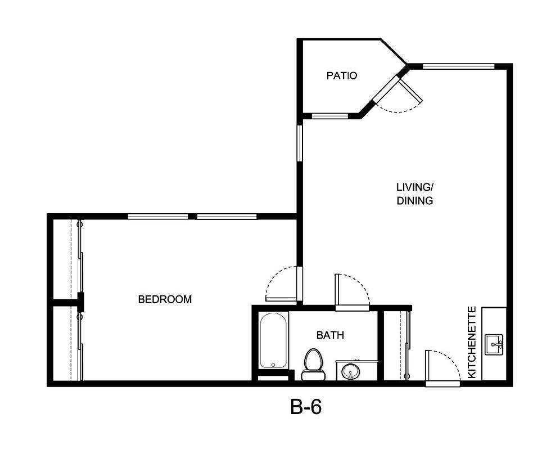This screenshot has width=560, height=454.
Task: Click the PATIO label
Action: pos(341,75)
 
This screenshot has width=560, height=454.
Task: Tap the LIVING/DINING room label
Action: pos(414,194)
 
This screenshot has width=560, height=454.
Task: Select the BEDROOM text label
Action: pos(165,299)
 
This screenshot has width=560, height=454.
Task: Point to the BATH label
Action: pos(330,335)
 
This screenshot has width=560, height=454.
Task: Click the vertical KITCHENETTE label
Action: pos(472,342)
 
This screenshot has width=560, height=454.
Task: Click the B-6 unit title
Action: pos(306,407)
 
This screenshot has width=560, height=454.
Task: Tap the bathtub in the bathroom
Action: pos(274,341)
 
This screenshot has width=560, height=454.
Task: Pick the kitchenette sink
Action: pos(495,343)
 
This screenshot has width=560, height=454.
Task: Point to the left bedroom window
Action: pos(158,216)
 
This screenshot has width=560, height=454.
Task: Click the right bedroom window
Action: pos(227,216)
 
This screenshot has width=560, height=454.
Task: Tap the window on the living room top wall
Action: pos(458,66)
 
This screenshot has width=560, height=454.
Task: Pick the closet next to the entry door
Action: pos(398,345)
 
